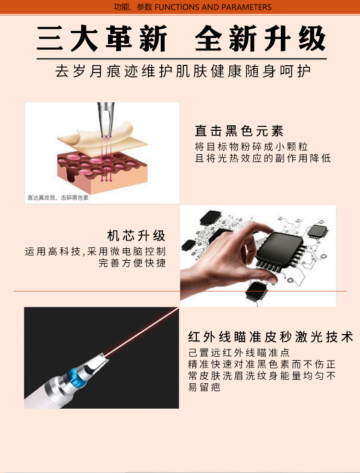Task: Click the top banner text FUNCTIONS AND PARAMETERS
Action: pyautogui.click(x=213, y=7)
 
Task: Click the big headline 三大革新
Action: pyautogui.click(x=102, y=38)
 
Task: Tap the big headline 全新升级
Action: pyautogui.click(x=260, y=38)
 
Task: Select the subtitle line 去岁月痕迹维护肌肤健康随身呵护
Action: pyautogui.click(x=183, y=72)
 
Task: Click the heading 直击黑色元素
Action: pyautogui.click(x=239, y=131)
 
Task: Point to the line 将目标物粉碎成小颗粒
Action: pyautogui.click(x=251, y=146)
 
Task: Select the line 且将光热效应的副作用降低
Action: pyautogui.click(x=263, y=158)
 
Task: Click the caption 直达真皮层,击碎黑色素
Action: pyautogui.click(x=58, y=197)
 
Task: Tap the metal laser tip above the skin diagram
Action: pyautogui.click(x=106, y=119)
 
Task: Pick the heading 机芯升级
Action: pyautogui.click(x=136, y=236)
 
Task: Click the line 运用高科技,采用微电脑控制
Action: pyautogui.click(x=95, y=251)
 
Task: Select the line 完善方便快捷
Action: pyautogui.click(x=132, y=263)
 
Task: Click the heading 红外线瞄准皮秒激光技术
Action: pyautogui.click(x=270, y=337)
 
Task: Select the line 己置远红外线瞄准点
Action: pyautogui.click(x=239, y=352)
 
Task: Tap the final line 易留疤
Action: pyautogui.click(x=204, y=387)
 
